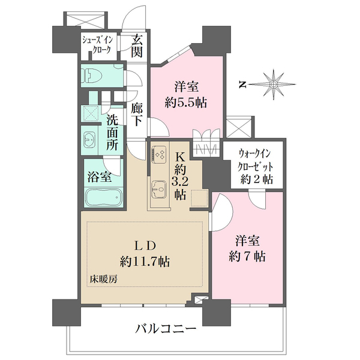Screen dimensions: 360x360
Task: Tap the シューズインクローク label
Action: coord(97,47)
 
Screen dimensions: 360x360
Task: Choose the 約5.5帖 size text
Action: coord(186,103)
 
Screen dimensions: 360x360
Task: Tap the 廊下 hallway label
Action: coord(137,114)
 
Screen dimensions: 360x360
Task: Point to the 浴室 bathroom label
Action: coord(99,177)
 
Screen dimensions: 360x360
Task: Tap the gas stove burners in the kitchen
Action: coord(161,154)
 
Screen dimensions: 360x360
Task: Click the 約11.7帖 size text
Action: coord(144,262)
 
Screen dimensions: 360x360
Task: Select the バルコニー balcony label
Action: coord(166,329)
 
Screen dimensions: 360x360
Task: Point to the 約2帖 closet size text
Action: coord(257,179)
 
